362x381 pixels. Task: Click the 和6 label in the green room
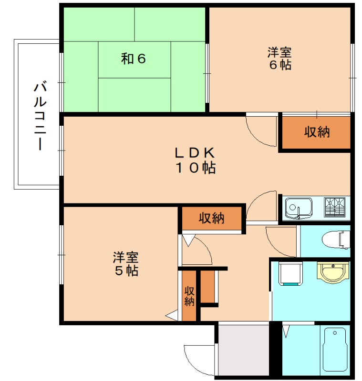coord(133,59)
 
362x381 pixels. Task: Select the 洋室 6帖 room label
coord(279,59)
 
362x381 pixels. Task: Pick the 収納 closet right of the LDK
coord(317,132)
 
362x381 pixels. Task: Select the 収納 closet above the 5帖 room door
coord(211,219)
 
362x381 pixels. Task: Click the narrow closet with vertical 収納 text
coord(189,296)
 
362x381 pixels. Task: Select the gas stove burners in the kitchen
coord(337,207)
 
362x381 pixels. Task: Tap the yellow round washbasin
coord(331,272)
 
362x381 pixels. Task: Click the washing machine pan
coord(289,274)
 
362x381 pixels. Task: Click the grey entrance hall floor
coord(243,351)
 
